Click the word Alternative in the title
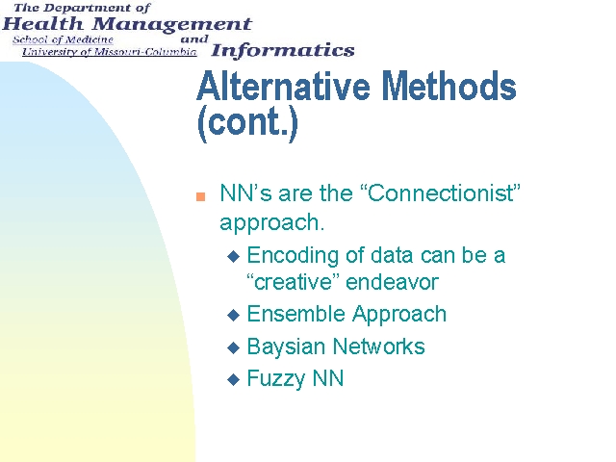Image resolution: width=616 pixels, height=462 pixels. pos(283,86)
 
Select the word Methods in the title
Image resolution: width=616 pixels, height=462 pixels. pos(449,86)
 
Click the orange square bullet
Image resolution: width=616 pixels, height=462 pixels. pos(200,196)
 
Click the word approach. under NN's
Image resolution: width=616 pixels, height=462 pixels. pos(271,223)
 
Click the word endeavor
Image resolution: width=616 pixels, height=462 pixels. pos(392,282)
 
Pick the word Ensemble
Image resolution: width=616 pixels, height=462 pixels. pos(296,314)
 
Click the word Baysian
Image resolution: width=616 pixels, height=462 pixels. pos(287,347)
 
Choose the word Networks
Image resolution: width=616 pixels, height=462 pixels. pos(379,346)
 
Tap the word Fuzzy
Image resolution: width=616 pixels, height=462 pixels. pos(276,379)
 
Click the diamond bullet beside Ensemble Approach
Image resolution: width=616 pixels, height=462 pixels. pos(233,315)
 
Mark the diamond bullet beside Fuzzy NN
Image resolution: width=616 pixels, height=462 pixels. pos(233,379)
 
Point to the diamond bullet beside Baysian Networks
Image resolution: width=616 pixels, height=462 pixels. pos(233,347)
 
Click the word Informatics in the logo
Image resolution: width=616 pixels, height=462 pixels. pos(283,50)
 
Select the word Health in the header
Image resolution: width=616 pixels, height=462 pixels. pos(42,24)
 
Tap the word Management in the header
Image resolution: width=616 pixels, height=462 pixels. pos(172,25)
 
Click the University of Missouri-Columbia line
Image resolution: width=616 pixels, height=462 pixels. pos(109,52)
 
